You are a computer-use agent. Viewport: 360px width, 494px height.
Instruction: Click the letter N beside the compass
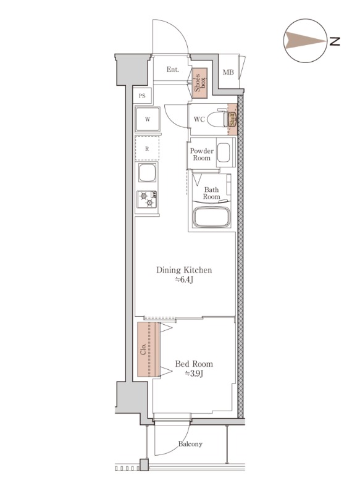[x=335, y=41]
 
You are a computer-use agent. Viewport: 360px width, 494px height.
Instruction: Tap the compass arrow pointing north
[x=305, y=41]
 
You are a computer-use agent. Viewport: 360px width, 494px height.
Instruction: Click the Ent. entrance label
[x=173, y=70]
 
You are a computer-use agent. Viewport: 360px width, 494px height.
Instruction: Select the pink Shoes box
[x=199, y=83]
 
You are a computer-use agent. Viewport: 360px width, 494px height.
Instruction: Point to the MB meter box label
[x=228, y=72]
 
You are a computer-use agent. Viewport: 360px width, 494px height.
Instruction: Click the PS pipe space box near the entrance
[x=142, y=96]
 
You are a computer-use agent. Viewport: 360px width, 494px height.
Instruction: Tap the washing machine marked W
[x=148, y=119]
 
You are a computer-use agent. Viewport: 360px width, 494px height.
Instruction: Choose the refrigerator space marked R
[x=147, y=149]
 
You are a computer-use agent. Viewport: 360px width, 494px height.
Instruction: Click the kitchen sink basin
[x=148, y=172]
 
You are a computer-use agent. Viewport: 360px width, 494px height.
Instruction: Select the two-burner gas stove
[x=147, y=199]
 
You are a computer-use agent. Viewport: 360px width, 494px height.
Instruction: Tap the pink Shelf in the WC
[x=232, y=119]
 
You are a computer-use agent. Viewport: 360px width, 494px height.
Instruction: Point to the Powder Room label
[x=201, y=154]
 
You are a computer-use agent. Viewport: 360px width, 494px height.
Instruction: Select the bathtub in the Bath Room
[x=212, y=217]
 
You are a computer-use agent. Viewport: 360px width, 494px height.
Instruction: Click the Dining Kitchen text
[x=184, y=270]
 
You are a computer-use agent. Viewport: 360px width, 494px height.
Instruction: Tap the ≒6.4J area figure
[x=184, y=280]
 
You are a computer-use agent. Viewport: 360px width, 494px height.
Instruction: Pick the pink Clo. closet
[x=148, y=349]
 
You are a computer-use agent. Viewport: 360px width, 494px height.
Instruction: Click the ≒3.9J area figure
[x=194, y=374]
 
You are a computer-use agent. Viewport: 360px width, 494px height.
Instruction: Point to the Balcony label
[x=190, y=444]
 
